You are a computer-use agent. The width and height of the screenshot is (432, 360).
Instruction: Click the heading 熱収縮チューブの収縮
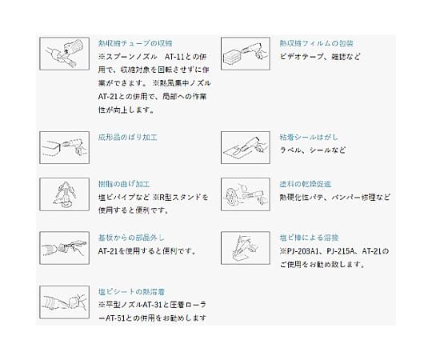pyautogui.click(x=135, y=43)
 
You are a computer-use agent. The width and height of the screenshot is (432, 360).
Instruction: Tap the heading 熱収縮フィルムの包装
pyautogui.click(x=316, y=43)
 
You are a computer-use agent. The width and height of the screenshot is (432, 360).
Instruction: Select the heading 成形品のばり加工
pyautogui.click(x=127, y=137)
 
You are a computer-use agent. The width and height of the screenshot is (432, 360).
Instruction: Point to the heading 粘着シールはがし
pyautogui.click(x=309, y=137)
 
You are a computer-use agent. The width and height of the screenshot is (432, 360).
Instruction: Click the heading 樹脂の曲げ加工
pyautogui.click(x=124, y=184)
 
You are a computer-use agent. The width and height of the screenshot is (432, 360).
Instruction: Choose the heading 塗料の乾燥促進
pyautogui.click(x=306, y=184)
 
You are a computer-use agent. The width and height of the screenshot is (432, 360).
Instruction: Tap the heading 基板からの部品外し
pyautogui.click(x=131, y=238)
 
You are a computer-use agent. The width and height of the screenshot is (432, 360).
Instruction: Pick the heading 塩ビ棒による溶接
pyautogui.click(x=309, y=238)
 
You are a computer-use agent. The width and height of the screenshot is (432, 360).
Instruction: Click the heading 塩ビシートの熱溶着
pyautogui.click(x=131, y=292)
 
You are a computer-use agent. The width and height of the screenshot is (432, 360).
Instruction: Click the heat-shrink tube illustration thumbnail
pyautogui.click(x=65, y=54)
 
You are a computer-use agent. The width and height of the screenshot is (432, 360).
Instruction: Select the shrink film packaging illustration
pyautogui.click(x=246, y=54)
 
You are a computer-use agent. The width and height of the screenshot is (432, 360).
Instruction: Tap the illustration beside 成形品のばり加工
pyautogui.click(x=65, y=148)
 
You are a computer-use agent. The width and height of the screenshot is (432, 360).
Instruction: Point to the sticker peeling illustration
pyautogui.click(x=246, y=148)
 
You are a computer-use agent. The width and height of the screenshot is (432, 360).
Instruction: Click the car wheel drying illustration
pyautogui.click(x=246, y=194)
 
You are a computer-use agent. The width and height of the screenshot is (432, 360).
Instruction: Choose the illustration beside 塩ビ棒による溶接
pyautogui.click(x=246, y=248)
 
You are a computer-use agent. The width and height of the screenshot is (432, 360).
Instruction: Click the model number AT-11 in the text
pyautogui.click(x=174, y=57)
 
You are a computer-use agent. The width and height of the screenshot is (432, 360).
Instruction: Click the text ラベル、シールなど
pyautogui.click(x=313, y=150)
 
